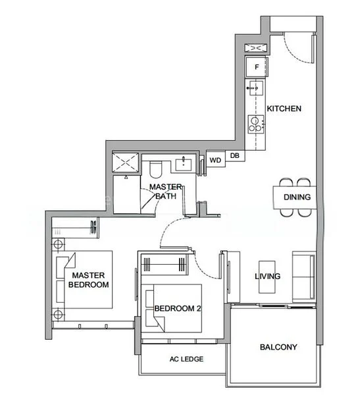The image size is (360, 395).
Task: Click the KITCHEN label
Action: click(284, 109)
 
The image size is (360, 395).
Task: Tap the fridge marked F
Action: click(257, 67)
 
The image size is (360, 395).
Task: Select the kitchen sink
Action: click(256, 88)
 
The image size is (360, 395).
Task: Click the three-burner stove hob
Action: click(256, 124)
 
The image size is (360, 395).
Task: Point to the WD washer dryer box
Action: click(216, 160)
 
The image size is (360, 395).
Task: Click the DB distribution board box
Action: click(235, 155)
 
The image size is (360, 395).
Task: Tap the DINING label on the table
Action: click(297, 197)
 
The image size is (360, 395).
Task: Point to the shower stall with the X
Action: click(125, 163)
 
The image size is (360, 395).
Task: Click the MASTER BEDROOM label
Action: click(88, 280)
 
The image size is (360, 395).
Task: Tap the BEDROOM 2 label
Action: click(178, 308)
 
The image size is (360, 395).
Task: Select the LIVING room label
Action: click(268, 276)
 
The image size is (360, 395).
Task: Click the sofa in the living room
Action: click(304, 277)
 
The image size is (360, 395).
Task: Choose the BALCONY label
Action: click(278, 347)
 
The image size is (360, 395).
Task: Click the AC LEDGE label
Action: click(186, 359)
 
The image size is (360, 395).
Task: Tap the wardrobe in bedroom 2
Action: click(165, 265)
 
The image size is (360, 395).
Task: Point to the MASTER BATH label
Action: click(165, 192)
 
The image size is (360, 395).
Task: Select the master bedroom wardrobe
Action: click(75, 228)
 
